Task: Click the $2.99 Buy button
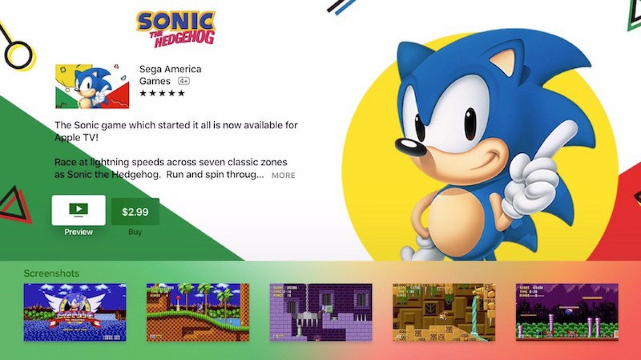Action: coord(135,212)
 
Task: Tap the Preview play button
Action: coord(79,210)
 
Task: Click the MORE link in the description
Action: coord(283,175)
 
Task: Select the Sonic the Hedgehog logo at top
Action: coord(176,28)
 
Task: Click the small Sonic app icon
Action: coord(92,87)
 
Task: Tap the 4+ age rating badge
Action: coord(184,81)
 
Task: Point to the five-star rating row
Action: coord(162,93)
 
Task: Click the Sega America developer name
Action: coord(170,69)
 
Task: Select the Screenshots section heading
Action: coord(51,273)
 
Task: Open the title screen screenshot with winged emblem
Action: coord(75,312)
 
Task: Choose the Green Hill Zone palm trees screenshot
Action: coord(198,312)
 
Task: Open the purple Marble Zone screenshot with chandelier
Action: coord(320,312)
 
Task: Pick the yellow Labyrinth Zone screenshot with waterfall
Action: coord(443,312)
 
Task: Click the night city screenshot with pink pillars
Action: coord(567,312)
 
